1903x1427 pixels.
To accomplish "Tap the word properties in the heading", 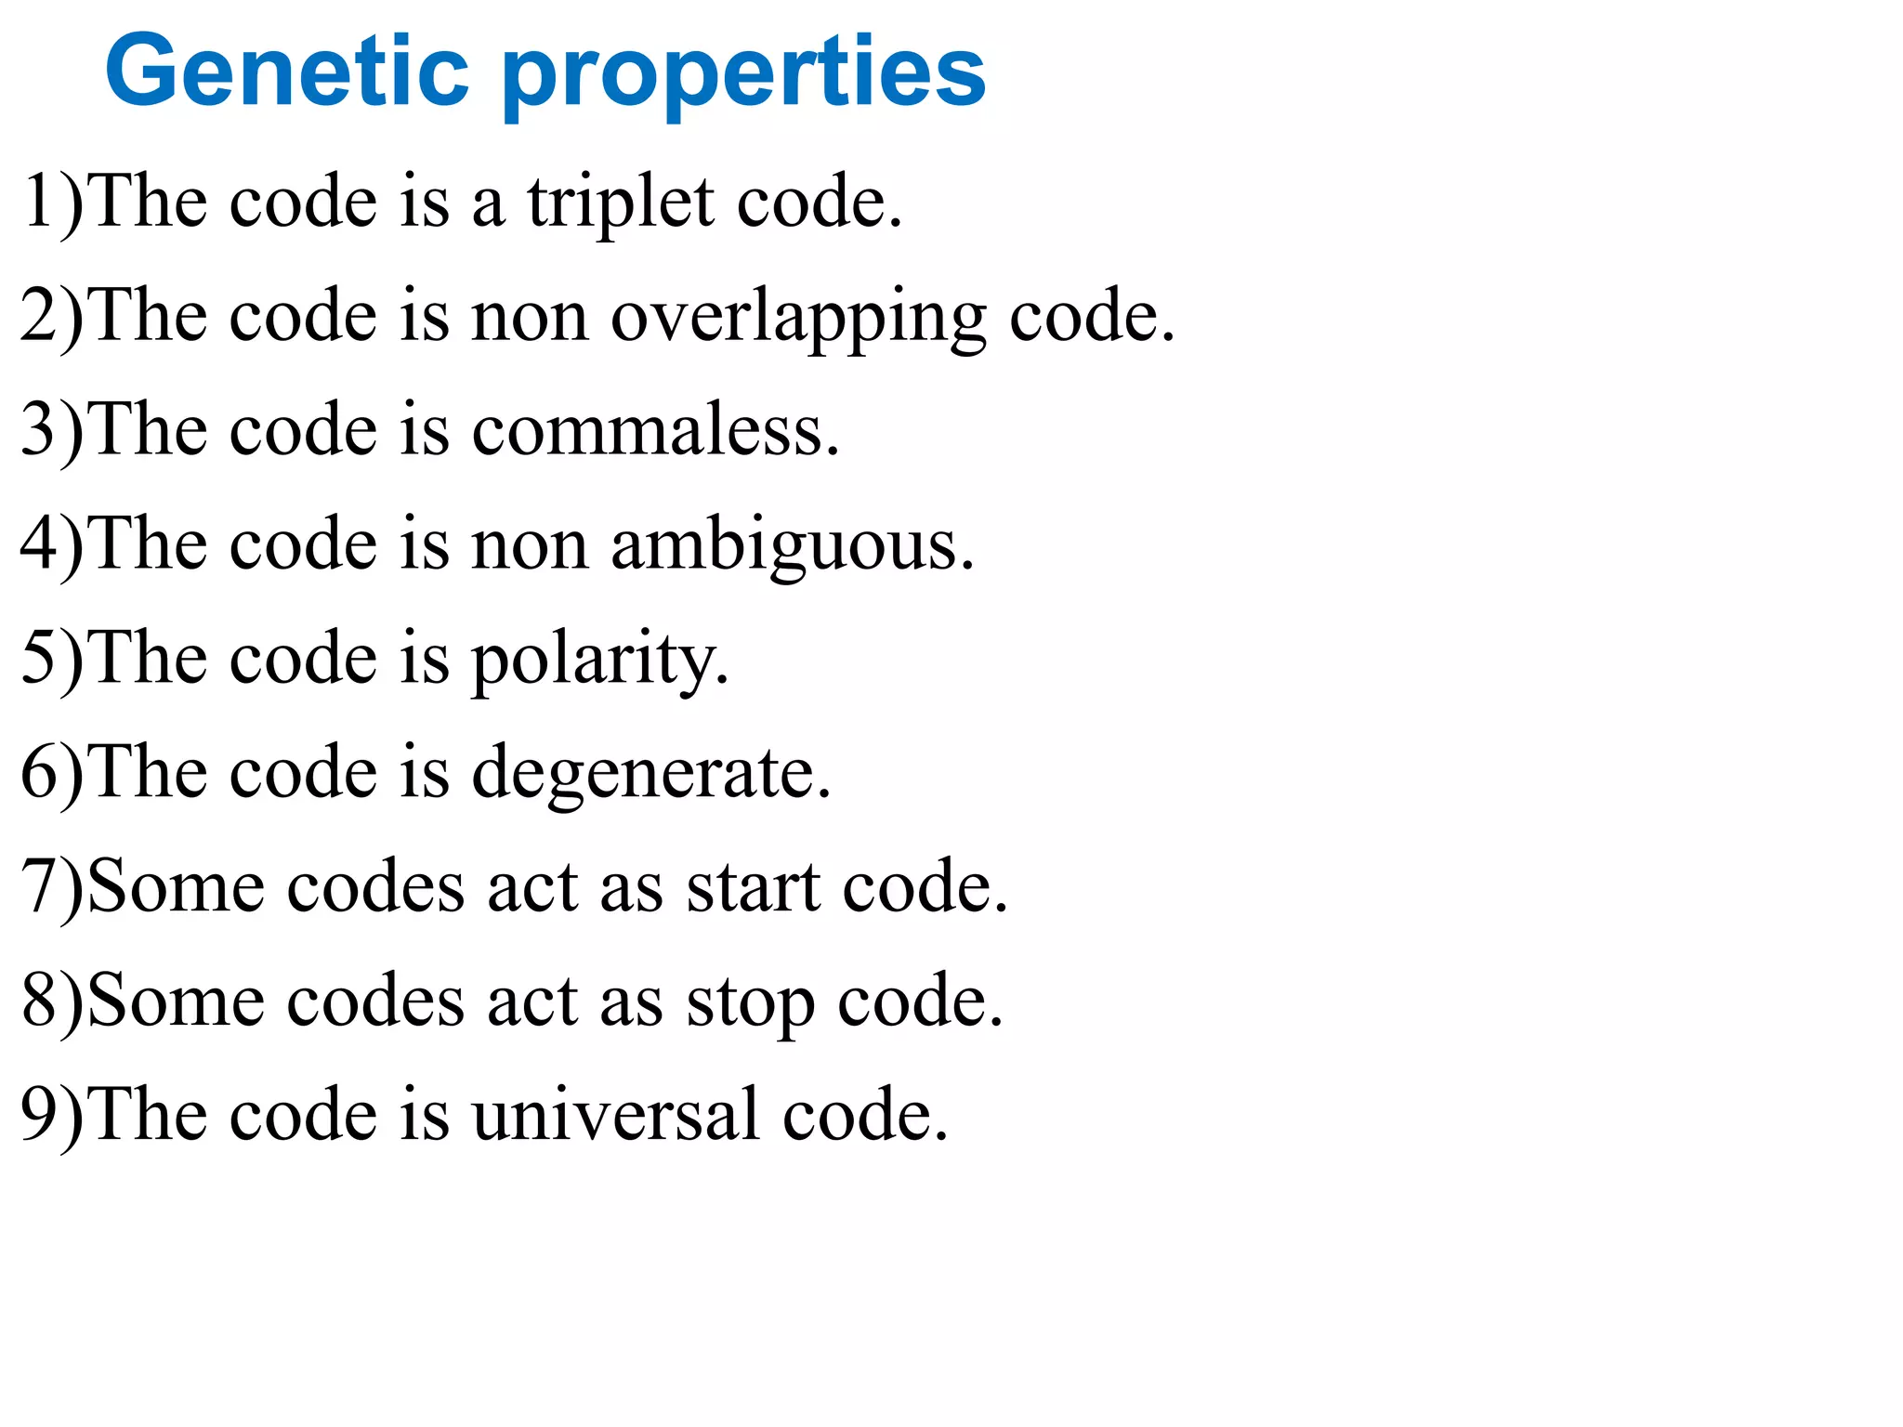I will tap(743, 74).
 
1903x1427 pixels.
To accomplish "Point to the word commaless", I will tap(655, 429).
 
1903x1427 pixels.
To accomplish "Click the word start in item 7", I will tap(753, 886).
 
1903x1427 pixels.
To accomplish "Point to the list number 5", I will tap(39, 657).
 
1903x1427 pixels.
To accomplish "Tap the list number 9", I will tap(39, 1113).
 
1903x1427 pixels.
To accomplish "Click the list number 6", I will tap(39, 771).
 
